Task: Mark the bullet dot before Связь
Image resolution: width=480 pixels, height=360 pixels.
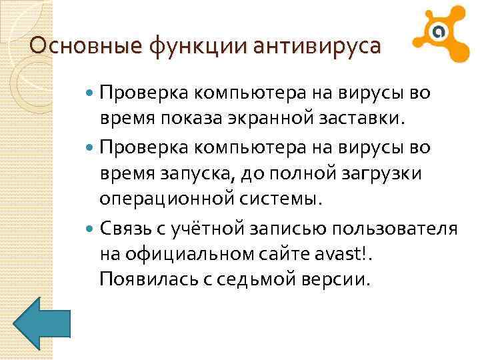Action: [91, 229]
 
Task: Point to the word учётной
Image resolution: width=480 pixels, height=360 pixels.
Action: [207, 229]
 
